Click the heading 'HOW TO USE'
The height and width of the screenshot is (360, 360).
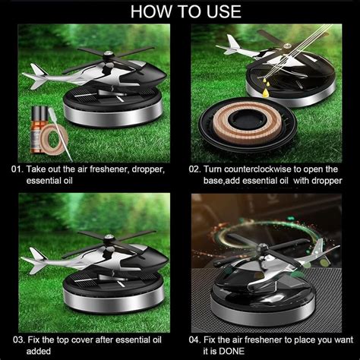pos(180,11)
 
